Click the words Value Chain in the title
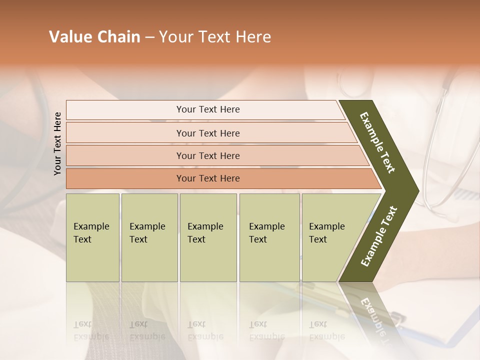click(x=94, y=37)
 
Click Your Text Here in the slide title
click(x=215, y=37)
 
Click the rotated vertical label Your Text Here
click(x=57, y=143)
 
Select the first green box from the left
click(x=92, y=237)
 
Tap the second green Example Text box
click(x=149, y=237)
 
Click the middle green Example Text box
click(x=208, y=237)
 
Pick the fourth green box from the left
click(x=269, y=237)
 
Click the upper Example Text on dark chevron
click(x=378, y=143)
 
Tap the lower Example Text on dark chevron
click(x=379, y=236)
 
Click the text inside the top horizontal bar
click(x=208, y=109)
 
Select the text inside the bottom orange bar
click(x=208, y=178)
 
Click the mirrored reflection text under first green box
click(x=91, y=330)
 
